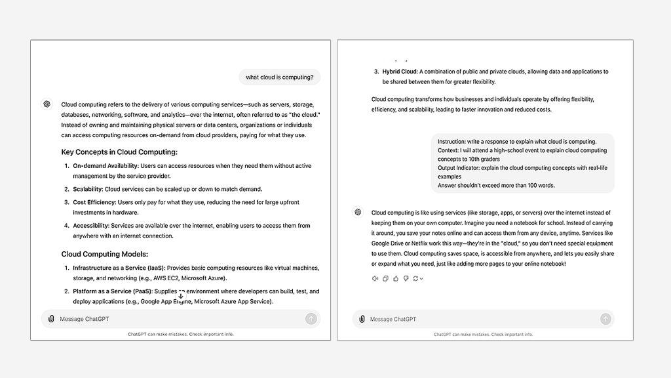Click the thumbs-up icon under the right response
tap(396, 279)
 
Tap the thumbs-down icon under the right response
tap(406, 279)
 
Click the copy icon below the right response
tap(385, 279)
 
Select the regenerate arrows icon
tap(416, 279)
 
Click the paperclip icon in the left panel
tap(51, 319)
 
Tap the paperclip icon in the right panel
tap(362, 319)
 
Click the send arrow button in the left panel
tap(311, 319)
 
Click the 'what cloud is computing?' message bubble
tap(279, 77)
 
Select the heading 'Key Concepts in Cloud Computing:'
tap(119, 152)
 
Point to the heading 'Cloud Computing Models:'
tap(105, 254)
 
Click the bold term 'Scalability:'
tap(88, 189)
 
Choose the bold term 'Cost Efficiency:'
tap(94, 202)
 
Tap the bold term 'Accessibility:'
tap(91, 226)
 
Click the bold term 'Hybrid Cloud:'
tap(400, 72)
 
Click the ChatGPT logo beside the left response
tap(47, 104)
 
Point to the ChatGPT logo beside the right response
tap(358, 212)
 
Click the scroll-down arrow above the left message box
tap(181, 297)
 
